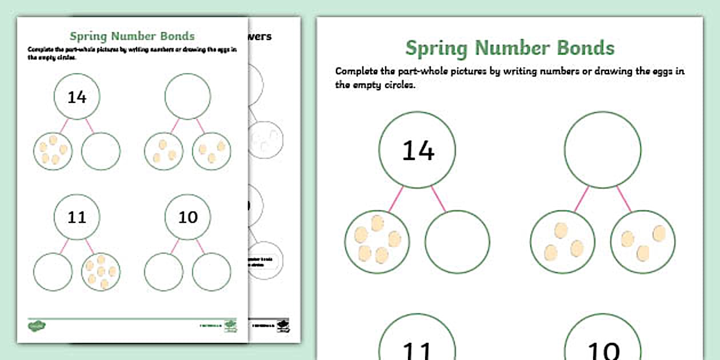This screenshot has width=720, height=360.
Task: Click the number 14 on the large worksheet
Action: (418, 150)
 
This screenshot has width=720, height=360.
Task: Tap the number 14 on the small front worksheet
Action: (77, 97)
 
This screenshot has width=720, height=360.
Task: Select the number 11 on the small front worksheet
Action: (77, 217)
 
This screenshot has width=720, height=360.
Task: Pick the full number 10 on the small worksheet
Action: (187, 217)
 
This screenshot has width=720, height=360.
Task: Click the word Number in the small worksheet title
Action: (133, 37)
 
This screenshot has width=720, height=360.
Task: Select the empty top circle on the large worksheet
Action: (602, 149)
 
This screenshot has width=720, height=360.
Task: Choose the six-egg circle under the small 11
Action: (101, 271)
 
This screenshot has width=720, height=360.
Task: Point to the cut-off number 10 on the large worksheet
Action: (602, 350)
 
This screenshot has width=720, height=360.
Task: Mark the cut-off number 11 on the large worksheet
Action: (418, 350)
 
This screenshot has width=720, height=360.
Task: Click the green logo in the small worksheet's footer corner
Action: (37, 326)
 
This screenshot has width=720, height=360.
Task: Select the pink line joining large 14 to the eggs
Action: (396, 198)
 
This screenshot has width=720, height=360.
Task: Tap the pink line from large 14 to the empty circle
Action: (438, 198)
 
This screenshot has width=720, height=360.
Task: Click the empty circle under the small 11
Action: (53, 271)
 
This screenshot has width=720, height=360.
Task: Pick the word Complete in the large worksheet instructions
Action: (358, 71)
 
